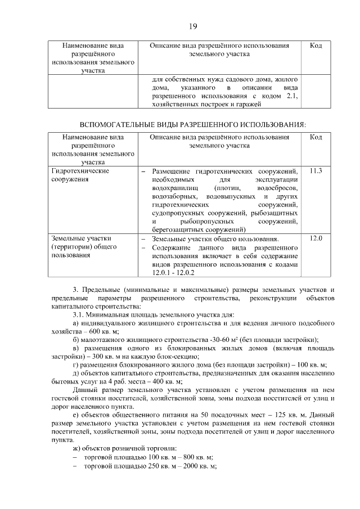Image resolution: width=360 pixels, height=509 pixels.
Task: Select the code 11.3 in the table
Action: (x=316, y=170)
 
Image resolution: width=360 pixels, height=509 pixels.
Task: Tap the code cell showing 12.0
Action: (x=316, y=238)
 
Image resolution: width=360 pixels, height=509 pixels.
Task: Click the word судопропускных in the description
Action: (x=178, y=213)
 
